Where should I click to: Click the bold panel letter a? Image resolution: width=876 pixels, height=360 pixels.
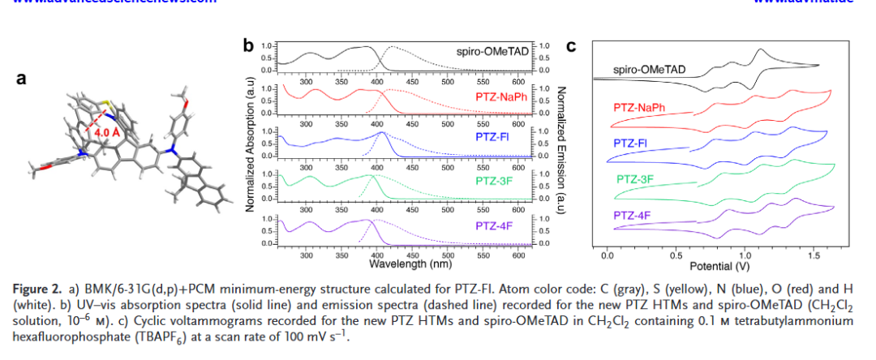pyautogui.click(x=23, y=79)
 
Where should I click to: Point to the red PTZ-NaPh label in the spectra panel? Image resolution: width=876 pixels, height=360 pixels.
pyautogui.click(x=500, y=97)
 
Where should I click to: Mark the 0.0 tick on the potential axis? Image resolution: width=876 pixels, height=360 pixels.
pyautogui.click(x=608, y=255)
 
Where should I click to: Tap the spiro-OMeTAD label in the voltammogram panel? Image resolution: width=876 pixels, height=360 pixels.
pyautogui.click(x=650, y=70)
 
